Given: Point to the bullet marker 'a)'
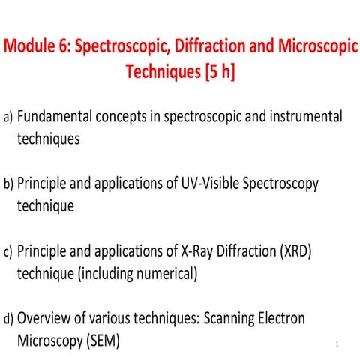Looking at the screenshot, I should point(9,118).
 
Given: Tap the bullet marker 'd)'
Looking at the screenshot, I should point(9,319).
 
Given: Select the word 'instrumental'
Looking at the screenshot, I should point(302,117).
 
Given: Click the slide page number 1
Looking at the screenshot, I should point(339,344).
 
